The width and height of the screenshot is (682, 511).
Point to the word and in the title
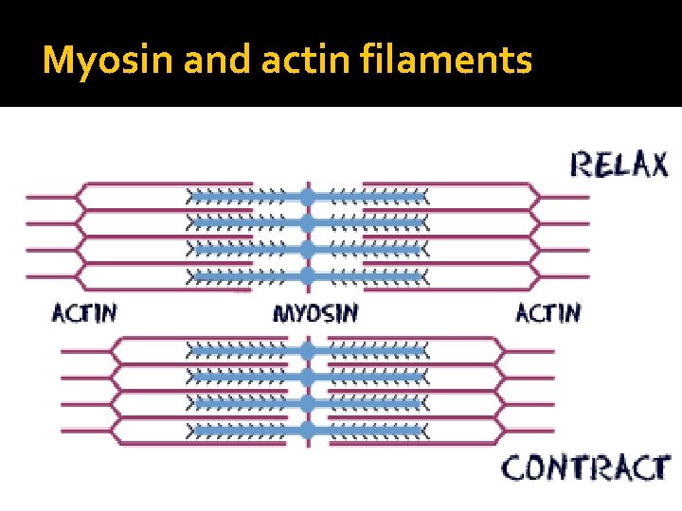pos(210,60)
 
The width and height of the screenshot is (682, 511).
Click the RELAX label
pos(618,165)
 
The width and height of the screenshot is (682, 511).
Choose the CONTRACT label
pos(584,467)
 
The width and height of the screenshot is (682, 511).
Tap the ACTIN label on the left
pos(83,312)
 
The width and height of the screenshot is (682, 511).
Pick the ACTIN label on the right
pos(547,312)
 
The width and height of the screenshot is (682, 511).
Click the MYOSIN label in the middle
pos(315,312)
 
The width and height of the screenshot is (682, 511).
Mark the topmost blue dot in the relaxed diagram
pos(307,197)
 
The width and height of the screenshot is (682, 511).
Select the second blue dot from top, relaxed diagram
pos(307,223)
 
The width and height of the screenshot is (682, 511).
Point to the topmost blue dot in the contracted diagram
pos(307,350)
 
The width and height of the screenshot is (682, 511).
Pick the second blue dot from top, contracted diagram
pos(307,377)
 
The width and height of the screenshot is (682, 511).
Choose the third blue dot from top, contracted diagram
pos(307,403)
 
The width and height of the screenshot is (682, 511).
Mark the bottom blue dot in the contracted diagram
pos(307,430)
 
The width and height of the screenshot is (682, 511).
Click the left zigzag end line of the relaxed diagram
pos(80,237)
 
